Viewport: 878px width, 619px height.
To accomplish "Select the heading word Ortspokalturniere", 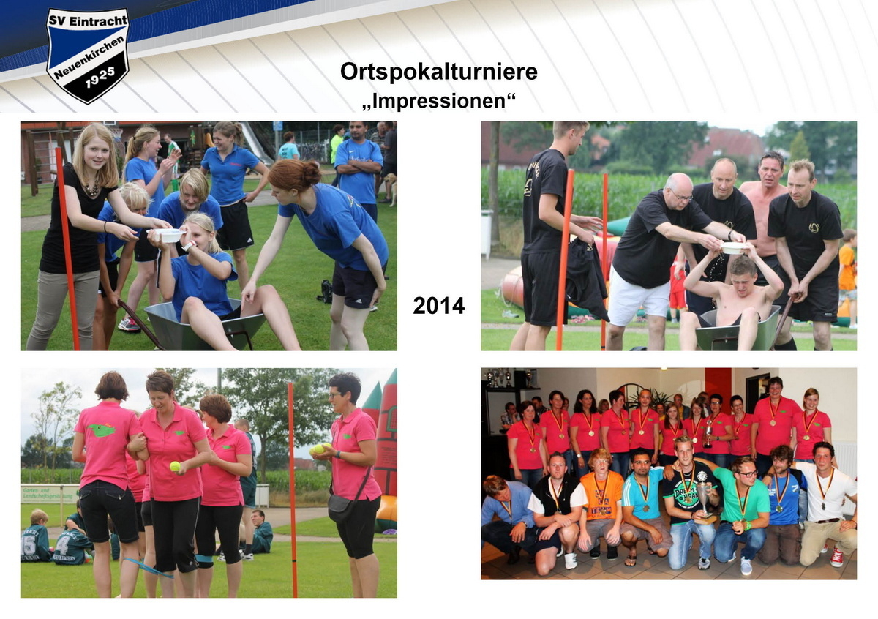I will (438, 72).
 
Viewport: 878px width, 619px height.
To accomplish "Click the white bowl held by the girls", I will (168, 235).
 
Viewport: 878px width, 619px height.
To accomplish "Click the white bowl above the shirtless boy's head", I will (735, 248).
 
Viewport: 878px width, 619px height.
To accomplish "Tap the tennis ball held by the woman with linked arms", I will (175, 466).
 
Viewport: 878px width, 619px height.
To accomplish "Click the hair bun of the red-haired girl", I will (309, 173).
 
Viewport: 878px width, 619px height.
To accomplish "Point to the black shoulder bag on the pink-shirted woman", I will (341, 506).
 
